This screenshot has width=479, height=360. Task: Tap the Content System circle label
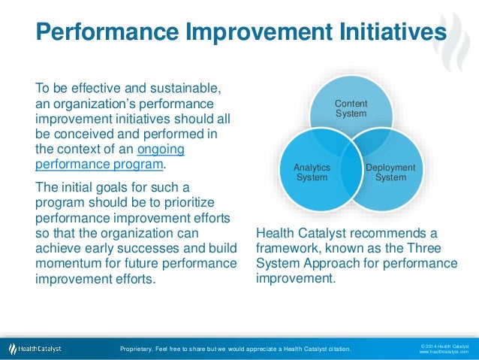351,108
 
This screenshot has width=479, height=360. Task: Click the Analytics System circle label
312,173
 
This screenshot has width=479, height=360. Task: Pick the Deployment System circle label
390,173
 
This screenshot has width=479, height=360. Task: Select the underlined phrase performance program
98,163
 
